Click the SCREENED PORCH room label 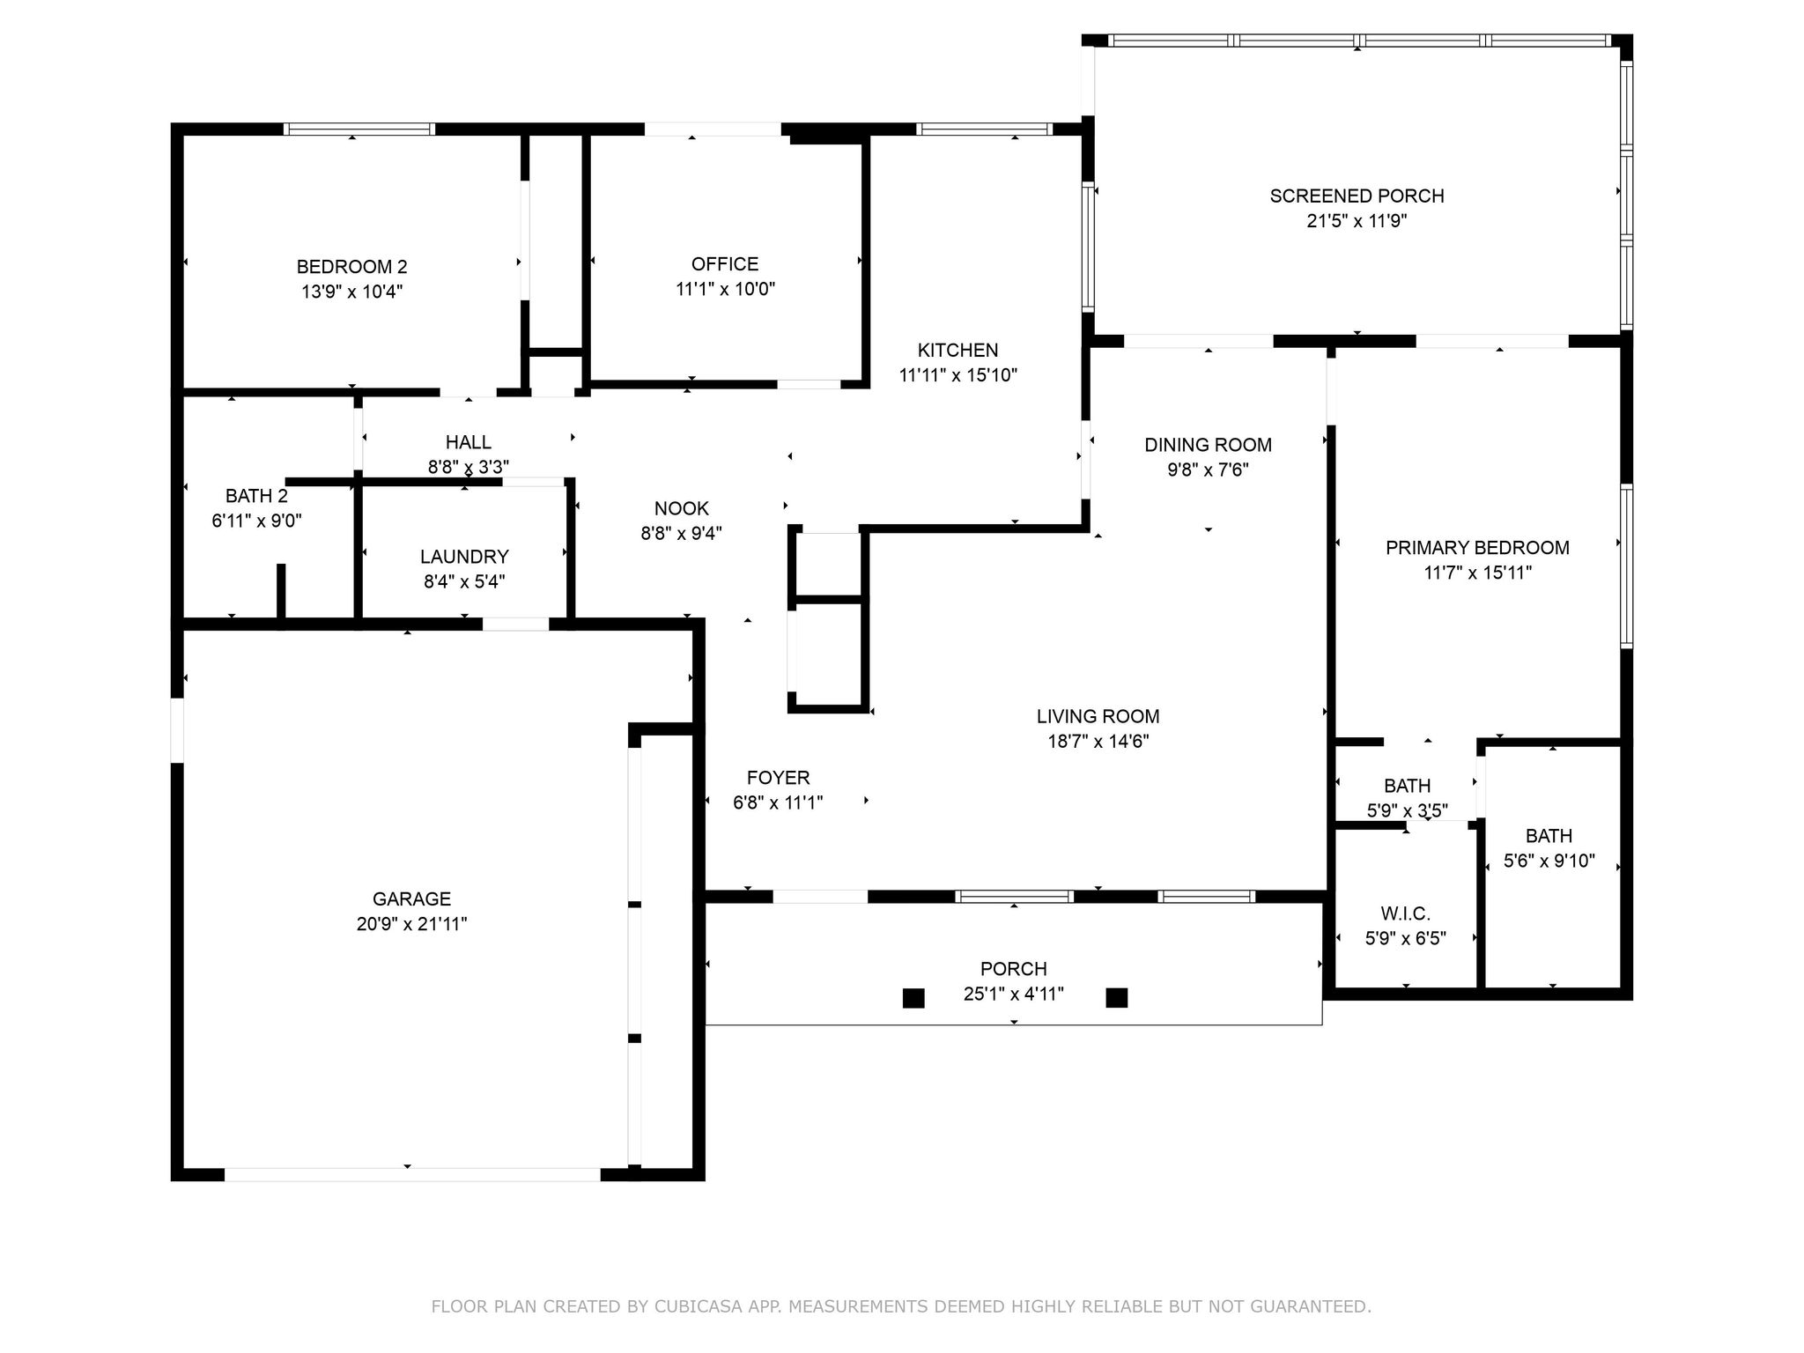click(1357, 196)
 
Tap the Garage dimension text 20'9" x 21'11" click(411, 924)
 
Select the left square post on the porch click(913, 998)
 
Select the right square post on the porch click(1117, 997)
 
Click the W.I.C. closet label click(1405, 913)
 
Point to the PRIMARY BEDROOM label click(1477, 548)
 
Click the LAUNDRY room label click(464, 557)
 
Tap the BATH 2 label click(256, 496)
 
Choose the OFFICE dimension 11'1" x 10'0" click(725, 289)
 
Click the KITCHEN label click(957, 350)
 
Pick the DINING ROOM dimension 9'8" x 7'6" click(1208, 469)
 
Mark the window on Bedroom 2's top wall click(359, 129)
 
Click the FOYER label click(778, 778)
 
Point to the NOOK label click(681, 508)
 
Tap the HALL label click(468, 442)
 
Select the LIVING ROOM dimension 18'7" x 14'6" click(1098, 742)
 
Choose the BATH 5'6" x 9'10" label click(1549, 836)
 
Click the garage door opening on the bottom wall click(412, 1174)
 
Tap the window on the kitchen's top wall click(984, 129)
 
